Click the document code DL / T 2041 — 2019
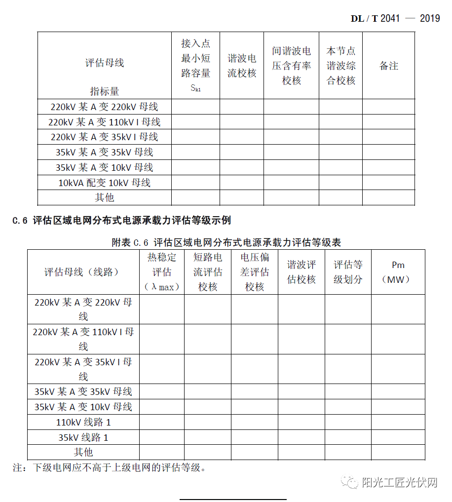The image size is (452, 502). (x=395, y=18)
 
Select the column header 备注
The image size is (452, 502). (x=388, y=66)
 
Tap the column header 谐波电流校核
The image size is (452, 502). (x=242, y=66)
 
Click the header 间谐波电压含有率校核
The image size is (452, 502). (x=291, y=66)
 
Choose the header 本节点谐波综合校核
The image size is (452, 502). (x=340, y=66)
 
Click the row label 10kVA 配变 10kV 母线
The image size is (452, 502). (x=104, y=183)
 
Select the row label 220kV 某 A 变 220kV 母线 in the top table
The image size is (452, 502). (x=104, y=107)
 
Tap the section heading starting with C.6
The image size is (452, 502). (x=121, y=221)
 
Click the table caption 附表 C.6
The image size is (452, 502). (x=226, y=242)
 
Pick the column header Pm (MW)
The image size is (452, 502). (x=398, y=272)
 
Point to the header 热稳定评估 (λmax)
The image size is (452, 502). (x=161, y=272)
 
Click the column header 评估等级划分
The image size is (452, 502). (x=348, y=272)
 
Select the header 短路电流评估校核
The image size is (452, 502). (x=208, y=272)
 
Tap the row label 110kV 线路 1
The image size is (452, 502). (x=83, y=422)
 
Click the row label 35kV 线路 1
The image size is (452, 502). (x=83, y=437)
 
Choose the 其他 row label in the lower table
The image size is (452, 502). (x=83, y=452)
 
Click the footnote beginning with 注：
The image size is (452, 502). (x=109, y=467)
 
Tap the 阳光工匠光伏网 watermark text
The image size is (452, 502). (x=400, y=483)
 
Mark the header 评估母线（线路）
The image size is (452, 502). (x=83, y=272)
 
